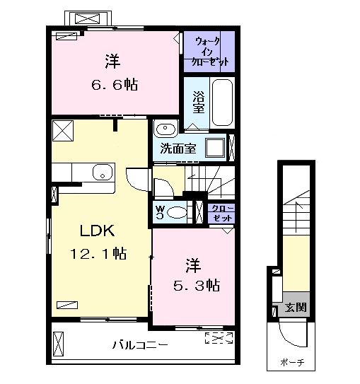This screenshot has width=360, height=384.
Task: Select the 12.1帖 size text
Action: pos(98,252)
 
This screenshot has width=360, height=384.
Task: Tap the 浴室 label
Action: pos(199,103)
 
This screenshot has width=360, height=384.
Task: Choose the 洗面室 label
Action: pos(178,149)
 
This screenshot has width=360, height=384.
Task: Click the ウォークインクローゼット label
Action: pos(209,50)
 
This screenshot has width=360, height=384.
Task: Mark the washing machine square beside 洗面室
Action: pos(215,148)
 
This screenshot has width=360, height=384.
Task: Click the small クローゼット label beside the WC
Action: pos(222,212)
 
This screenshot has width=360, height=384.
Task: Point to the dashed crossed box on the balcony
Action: pos(219,337)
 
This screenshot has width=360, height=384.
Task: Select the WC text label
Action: pos(161,212)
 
